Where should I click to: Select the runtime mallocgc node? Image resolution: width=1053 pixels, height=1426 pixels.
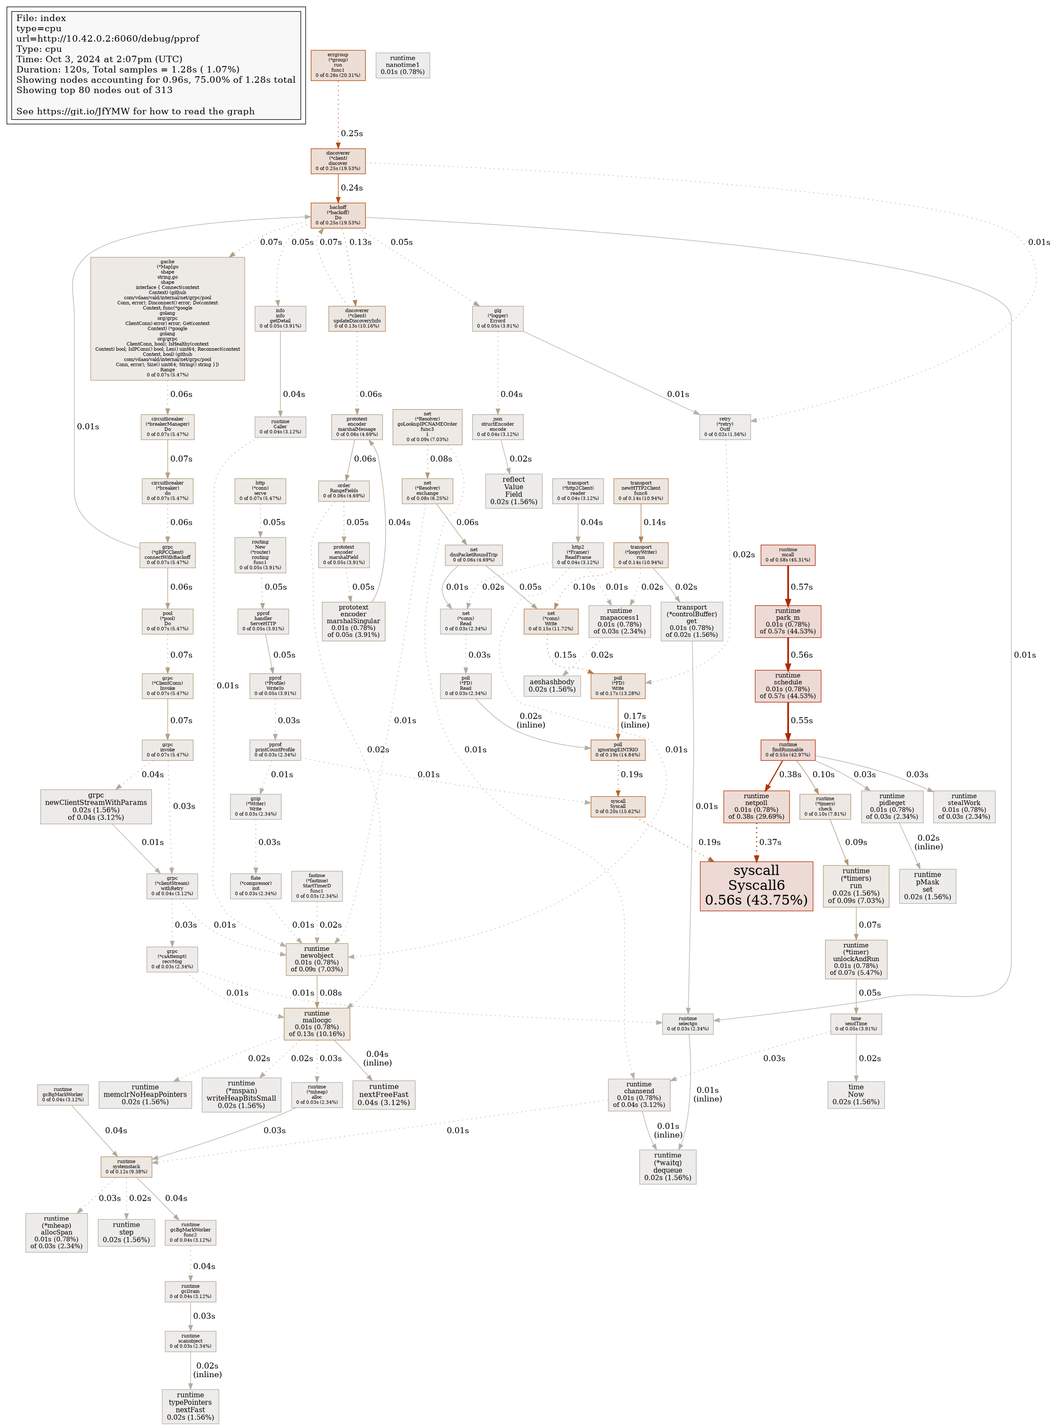coord(317,1023)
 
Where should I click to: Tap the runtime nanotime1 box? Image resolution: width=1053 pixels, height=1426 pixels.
coord(402,65)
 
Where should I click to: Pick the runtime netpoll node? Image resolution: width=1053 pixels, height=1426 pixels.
coord(756,806)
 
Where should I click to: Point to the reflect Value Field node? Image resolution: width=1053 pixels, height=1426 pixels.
coord(513,490)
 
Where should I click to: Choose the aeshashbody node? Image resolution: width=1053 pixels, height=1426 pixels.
coord(552,685)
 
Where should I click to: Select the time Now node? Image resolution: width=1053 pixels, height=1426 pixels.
coord(856,1094)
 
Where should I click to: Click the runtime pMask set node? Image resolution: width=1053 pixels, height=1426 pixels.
coord(927,885)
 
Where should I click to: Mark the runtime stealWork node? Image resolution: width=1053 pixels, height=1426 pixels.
coord(963,806)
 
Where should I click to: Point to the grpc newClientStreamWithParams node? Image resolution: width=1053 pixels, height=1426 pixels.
coord(96,806)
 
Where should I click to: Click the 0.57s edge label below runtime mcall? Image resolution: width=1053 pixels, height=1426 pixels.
coord(801,587)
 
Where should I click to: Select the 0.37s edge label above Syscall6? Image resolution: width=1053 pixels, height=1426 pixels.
coord(770,842)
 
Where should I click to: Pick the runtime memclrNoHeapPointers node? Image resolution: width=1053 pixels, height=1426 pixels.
coord(146,1094)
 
